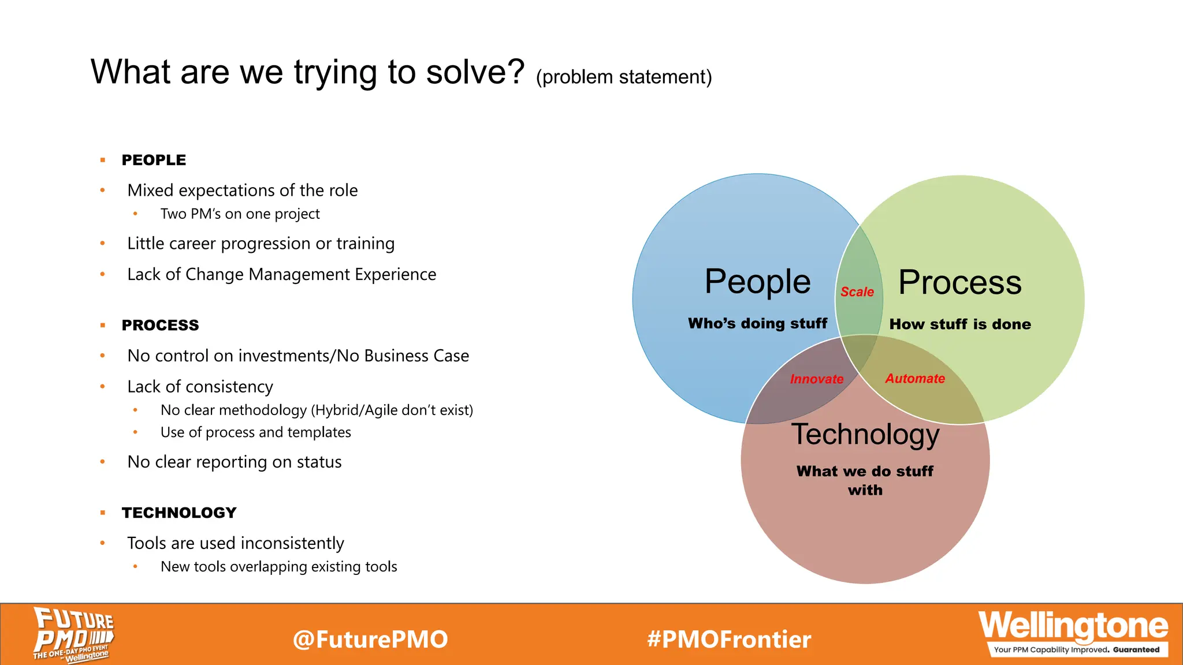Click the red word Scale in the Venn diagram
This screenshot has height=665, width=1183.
(x=857, y=292)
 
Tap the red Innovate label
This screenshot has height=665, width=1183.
(x=816, y=379)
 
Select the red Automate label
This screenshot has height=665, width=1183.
(x=915, y=379)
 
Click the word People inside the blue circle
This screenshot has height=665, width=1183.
(x=757, y=282)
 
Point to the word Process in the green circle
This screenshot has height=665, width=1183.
(x=959, y=282)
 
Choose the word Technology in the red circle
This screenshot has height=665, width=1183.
(x=865, y=434)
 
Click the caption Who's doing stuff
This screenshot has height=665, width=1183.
(x=757, y=323)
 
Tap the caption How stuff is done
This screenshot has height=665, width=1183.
(x=959, y=324)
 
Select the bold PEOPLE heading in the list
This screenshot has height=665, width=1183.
(x=154, y=160)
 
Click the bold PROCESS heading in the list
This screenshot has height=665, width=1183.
(x=160, y=326)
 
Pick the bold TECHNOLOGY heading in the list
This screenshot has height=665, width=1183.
(x=179, y=513)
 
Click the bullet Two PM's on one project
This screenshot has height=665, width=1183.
(x=240, y=214)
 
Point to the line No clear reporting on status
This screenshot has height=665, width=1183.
(x=234, y=462)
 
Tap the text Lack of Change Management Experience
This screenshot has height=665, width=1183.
(x=281, y=274)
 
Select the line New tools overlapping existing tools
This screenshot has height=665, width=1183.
(x=278, y=567)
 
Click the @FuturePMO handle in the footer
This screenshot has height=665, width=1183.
(x=370, y=640)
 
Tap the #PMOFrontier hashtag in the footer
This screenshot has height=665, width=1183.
(x=729, y=640)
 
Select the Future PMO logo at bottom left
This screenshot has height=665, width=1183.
(x=73, y=634)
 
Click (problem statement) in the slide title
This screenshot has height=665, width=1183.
(x=624, y=77)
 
